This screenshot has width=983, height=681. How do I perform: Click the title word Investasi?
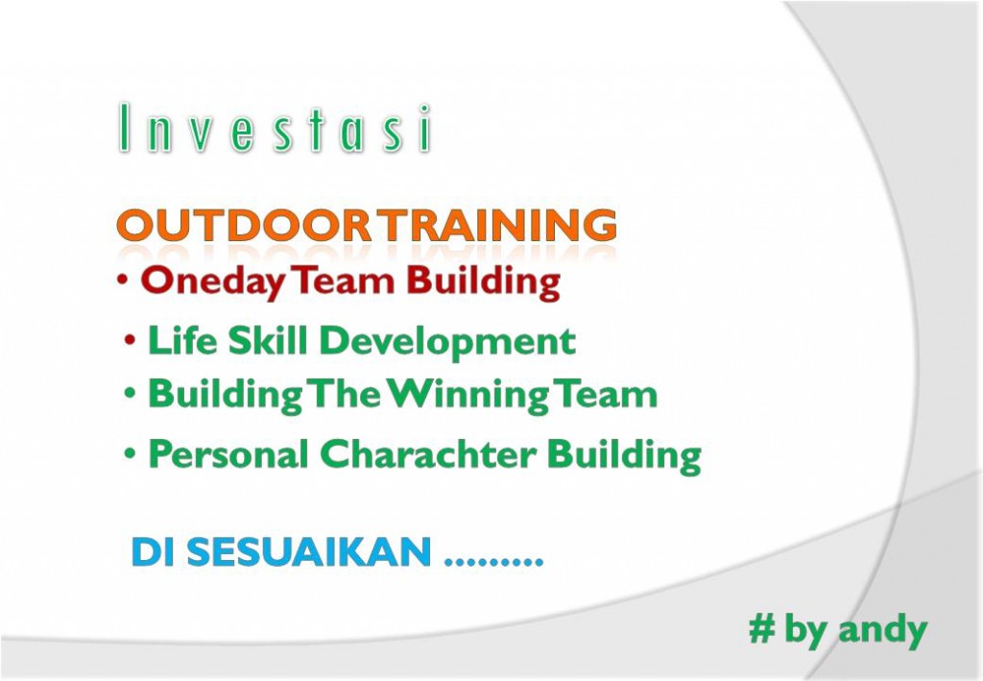tap(275, 129)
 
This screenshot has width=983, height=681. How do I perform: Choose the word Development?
tap(447, 342)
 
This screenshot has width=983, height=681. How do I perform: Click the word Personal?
tap(228, 453)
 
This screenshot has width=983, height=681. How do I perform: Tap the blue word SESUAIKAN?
tap(309, 552)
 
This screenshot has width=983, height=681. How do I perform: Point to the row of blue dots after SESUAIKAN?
tap(492, 562)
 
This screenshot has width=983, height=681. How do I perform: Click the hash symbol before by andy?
tap(761, 629)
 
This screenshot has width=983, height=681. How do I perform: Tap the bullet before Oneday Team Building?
tap(123, 280)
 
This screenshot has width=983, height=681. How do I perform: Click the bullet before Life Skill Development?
tap(130, 340)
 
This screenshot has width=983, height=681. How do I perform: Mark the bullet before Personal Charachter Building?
tap(130, 452)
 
